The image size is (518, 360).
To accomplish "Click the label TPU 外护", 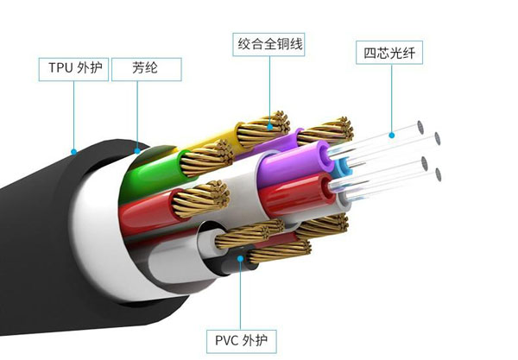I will (x=73, y=68).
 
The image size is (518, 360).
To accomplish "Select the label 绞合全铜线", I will (x=269, y=43).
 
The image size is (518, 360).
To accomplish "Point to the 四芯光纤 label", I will (x=390, y=54).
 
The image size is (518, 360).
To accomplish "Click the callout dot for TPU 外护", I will (x=74, y=152).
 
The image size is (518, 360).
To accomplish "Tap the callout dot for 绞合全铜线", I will (x=269, y=126).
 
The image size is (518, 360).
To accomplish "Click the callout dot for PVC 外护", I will (x=238, y=257).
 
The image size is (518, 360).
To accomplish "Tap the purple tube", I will (x=294, y=164).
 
